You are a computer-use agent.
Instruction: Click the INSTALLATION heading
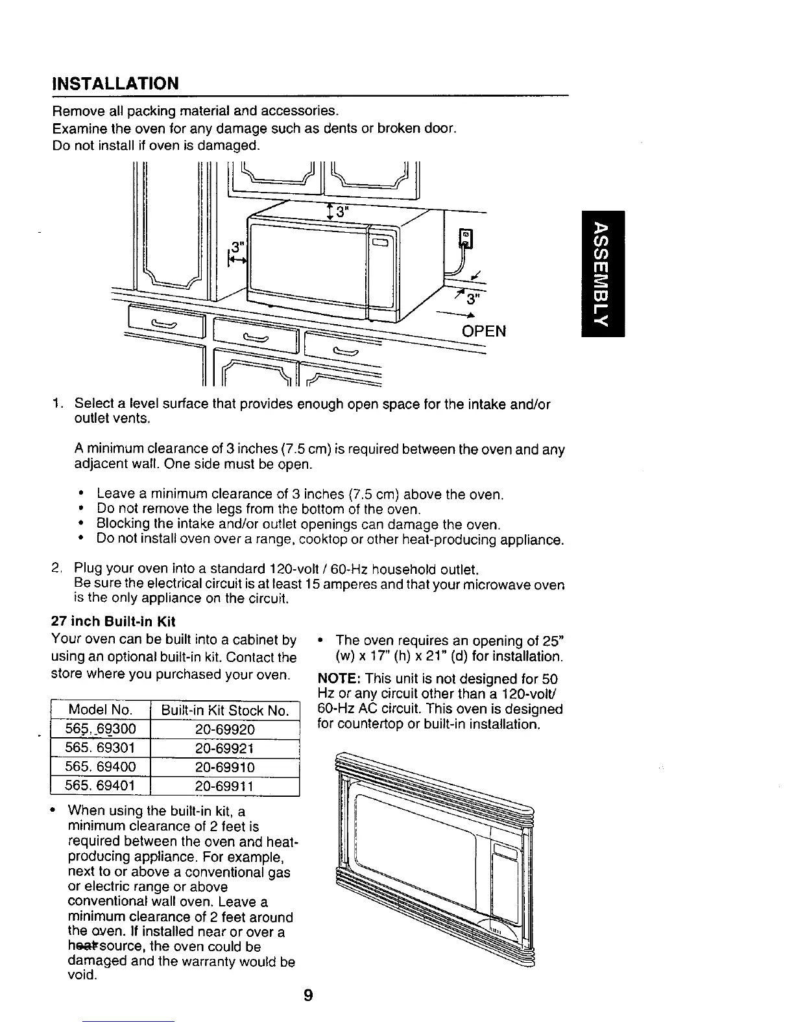pyautogui.click(x=115, y=84)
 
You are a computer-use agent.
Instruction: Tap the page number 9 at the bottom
pyautogui.click(x=308, y=995)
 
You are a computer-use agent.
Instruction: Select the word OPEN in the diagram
pyautogui.click(x=483, y=331)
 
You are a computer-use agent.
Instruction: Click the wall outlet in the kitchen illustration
pyautogui.click(x=465, y=239)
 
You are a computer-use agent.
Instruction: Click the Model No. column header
pyautogui.click(x=101, y=710)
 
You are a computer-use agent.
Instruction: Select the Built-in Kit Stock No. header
pyautogui.click(x=224, y=710)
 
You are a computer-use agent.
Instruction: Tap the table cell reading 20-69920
pyautogui.click(x=224, y=729)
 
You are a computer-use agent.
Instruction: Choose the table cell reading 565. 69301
pyautogui.click(x=101, y=748)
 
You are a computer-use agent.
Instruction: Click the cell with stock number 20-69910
pyautogui.click(x=224, y=767)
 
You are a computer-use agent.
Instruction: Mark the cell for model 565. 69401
pyautogui.click(x=101, y=786)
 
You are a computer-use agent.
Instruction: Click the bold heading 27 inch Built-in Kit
pyautogui.click(x=114, y=621)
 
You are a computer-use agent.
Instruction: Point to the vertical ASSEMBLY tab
pyautogui.click(x=603, y=274)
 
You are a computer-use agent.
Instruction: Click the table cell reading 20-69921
pyautogui.click(x=224, y=748)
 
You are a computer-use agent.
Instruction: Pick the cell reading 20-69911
pyautogui.click(x=224, y=786)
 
